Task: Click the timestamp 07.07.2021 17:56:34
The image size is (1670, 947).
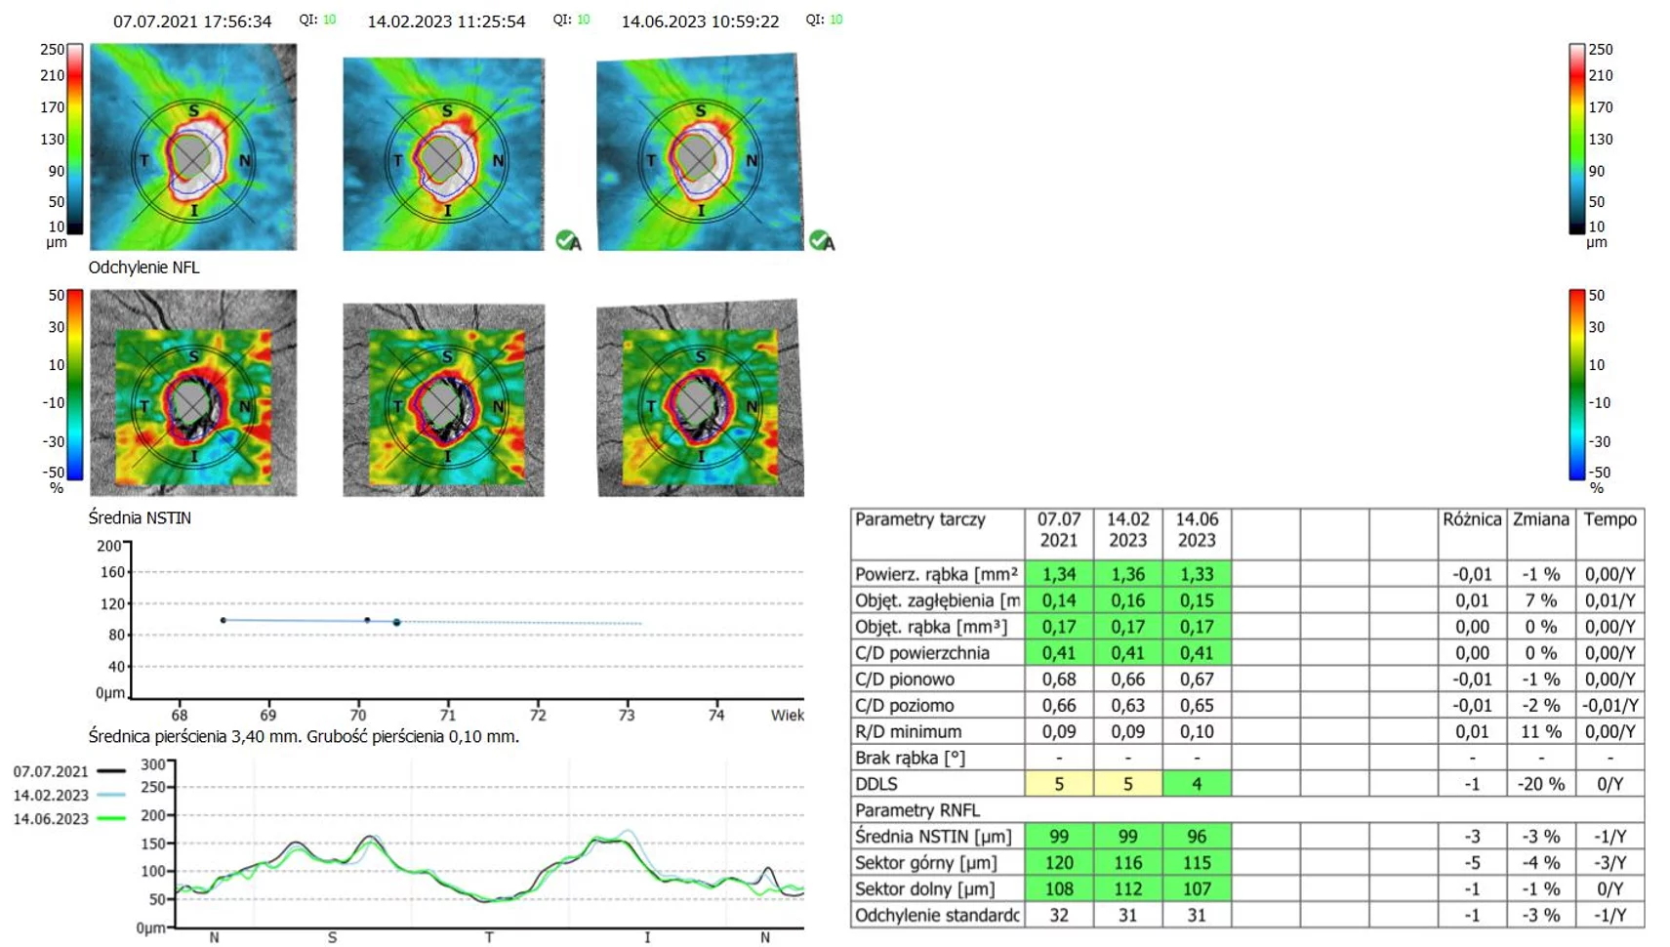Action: (x=192, y=21)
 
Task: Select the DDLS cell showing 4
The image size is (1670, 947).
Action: (x=1197, y=784)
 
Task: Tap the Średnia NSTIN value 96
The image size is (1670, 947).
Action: (x=1197, y=837)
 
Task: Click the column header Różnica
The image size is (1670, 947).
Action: (x=1472, y=519)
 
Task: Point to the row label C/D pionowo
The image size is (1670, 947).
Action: (x=905, y=679)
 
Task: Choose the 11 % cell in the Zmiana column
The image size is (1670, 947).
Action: (x=1541, y=731)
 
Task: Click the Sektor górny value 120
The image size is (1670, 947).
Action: (x=1059, y=863)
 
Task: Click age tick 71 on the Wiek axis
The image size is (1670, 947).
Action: (x=447, y=715)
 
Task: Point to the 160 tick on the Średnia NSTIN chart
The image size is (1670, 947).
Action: (x=112, y=572)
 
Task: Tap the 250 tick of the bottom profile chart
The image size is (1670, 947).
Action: (x=153, y=787)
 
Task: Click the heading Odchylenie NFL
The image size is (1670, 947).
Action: (x=143, y=268)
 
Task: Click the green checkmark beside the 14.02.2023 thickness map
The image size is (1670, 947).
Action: (x=566, y=239)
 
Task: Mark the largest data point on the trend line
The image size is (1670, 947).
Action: (x=396, y=622)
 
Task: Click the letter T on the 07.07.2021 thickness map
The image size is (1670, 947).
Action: (x=143, y=160)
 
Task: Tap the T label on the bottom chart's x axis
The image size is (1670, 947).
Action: (x=489, y=937)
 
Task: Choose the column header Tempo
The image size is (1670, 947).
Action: (x=1610, y=519)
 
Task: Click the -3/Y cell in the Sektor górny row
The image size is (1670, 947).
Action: (x=1610, y=863)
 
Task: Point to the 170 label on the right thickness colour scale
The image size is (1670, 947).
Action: (x=1601, y=106)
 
